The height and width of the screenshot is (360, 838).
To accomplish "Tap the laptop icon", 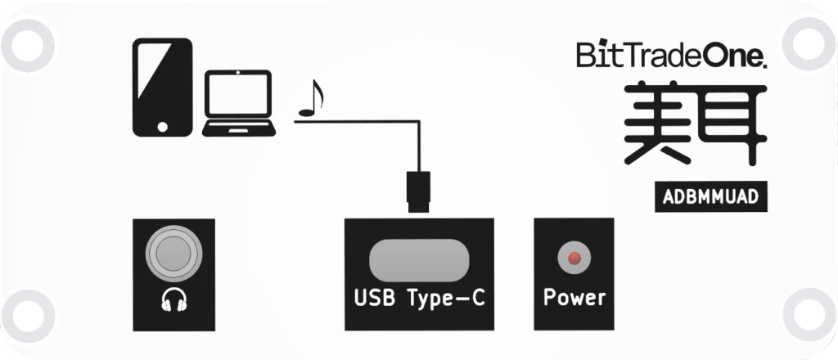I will (x=238, y=103).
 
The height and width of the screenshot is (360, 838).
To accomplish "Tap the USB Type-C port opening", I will (x=420, y=259).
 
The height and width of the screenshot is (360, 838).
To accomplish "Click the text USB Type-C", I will (x=419, y=298).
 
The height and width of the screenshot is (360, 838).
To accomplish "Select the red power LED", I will (x=574, y=259).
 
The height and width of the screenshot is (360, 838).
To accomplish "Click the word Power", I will (x=574, y=297).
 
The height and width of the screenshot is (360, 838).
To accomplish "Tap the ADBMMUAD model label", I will (x=709, y=197).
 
